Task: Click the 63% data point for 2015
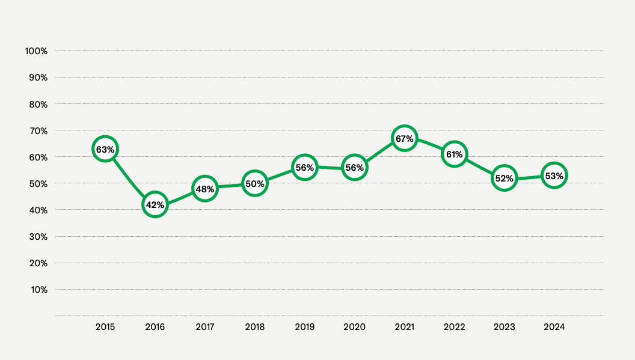105,149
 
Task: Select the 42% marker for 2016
155,205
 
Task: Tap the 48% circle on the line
204,189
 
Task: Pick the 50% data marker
254,183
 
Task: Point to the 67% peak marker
404,139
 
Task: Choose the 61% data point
454,154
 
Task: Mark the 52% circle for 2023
504,178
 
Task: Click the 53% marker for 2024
554,175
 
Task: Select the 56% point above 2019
304,168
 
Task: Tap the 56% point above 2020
354,168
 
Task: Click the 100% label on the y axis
36,51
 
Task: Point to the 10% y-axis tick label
38,290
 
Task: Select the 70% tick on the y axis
38,130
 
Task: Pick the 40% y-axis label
38,210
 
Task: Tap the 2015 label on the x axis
105,327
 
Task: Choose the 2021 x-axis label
404,327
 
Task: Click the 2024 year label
554,327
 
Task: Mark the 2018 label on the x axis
254,327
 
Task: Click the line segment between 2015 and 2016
129,179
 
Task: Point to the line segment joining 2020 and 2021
379,153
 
